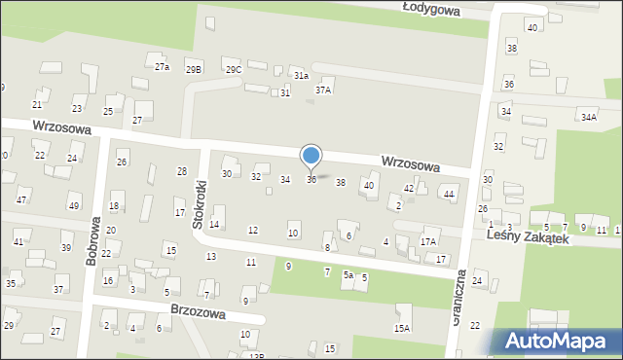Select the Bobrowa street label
[x=92, y=242]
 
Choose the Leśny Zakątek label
[x=527, y=236]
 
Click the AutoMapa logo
[x=554, y=341]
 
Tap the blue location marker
[x=311, y=156]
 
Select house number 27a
[x=163, y=66]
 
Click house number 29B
[x=195, y=69]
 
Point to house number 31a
[x=302, y=75]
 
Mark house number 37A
[x=323, y=90]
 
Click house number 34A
[x=588, y=118]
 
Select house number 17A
[x=428, y=240]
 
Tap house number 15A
[x=402, y=329]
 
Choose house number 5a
[x=348, y=275]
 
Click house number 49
[x=74, y=205]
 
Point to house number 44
[x=449, y=195]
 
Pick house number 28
[x=182, y=171]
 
